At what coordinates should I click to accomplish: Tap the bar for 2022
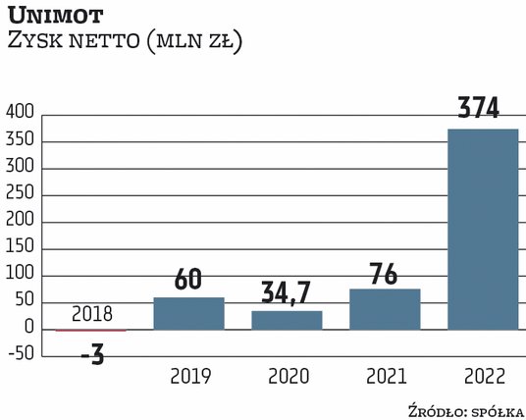[483, 230]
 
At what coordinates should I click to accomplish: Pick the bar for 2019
[188, 313]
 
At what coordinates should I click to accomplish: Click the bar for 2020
[287, 320]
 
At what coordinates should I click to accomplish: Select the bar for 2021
[385, 309]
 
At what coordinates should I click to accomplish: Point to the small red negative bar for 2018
[90, 331]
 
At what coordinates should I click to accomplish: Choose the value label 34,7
[287, 292]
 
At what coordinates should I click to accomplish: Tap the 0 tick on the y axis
[31, 328]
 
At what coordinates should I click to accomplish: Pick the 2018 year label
[91, 315]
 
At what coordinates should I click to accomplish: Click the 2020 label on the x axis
[287, 376]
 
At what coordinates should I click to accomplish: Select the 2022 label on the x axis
[483, 376]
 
